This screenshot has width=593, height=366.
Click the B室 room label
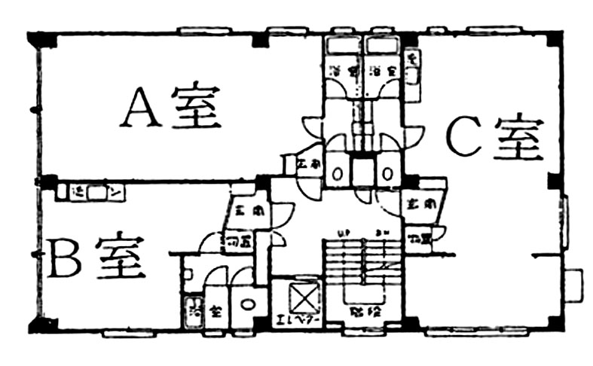click(97, 258)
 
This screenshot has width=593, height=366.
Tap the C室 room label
click(495, 136)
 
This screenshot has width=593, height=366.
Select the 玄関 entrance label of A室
click(307, 163)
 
